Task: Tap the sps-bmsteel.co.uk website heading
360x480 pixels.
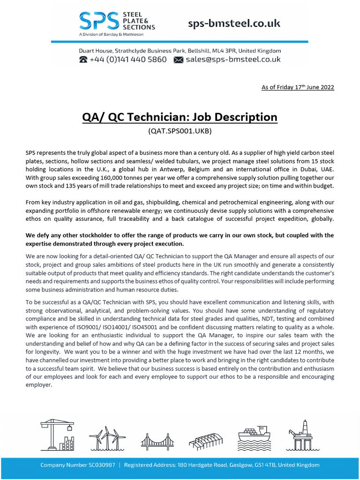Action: [234, 23]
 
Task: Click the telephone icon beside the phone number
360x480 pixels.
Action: [83, 60]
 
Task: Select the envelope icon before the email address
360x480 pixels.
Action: [178, 60]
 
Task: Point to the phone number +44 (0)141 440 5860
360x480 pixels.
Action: [128, 60]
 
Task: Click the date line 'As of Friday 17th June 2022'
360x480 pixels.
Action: [298, 87]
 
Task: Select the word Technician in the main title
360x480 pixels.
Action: [169, 117]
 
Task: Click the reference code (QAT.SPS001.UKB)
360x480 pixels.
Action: [180, 131]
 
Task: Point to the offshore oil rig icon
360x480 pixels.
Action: [301, 435]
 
